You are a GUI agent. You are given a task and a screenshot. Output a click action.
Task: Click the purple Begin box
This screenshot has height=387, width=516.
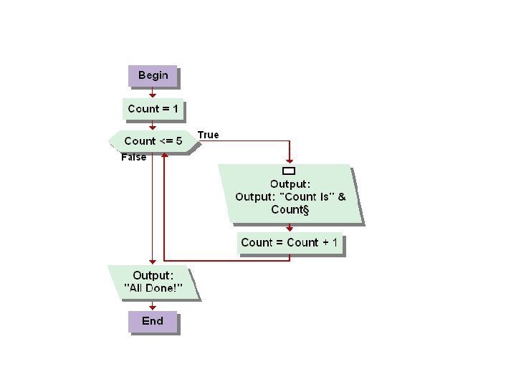click(153, 75)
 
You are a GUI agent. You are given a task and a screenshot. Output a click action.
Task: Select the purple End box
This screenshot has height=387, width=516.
click(153, 321)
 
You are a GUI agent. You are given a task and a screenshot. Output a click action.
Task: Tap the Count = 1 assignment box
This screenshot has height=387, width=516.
click(153, 109)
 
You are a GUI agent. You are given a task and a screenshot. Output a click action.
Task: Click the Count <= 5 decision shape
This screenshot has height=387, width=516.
click(153, 141)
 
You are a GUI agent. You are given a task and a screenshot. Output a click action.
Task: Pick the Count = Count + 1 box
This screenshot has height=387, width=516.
click(290, 242)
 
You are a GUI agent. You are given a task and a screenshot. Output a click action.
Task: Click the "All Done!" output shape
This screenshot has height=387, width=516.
click(153, 282)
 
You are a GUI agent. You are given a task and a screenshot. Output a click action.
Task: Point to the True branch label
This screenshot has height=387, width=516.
click(208, 135)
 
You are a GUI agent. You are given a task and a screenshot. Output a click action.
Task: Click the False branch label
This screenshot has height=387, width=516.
click(133, 157)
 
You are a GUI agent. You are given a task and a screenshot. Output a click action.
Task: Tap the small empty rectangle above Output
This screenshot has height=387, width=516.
click(290, 171)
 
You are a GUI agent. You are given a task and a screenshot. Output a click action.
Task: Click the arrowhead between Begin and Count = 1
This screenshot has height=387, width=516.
click(153, 94)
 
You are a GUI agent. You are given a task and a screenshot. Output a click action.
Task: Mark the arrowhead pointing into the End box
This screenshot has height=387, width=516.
click(153, 307)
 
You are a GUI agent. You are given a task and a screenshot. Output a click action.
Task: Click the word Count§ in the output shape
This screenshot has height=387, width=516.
click(290, 209)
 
